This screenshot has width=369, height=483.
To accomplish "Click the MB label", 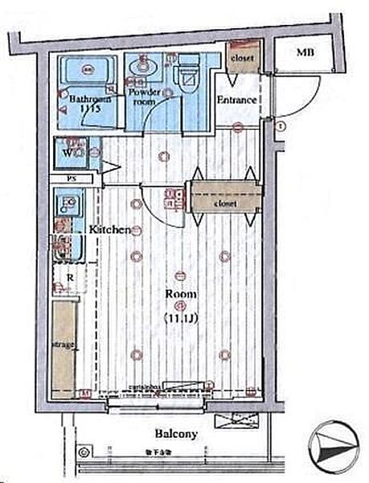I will (x=305, y=53).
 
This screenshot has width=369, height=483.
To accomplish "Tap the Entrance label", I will (x=237, y=101).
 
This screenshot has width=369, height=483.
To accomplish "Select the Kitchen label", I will (x=109, y=229).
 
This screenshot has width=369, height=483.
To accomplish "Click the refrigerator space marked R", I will (x=72, y=279).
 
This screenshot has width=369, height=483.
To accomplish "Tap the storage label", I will (x=64, y=345).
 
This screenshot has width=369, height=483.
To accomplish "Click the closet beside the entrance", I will (x=241, y=60).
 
